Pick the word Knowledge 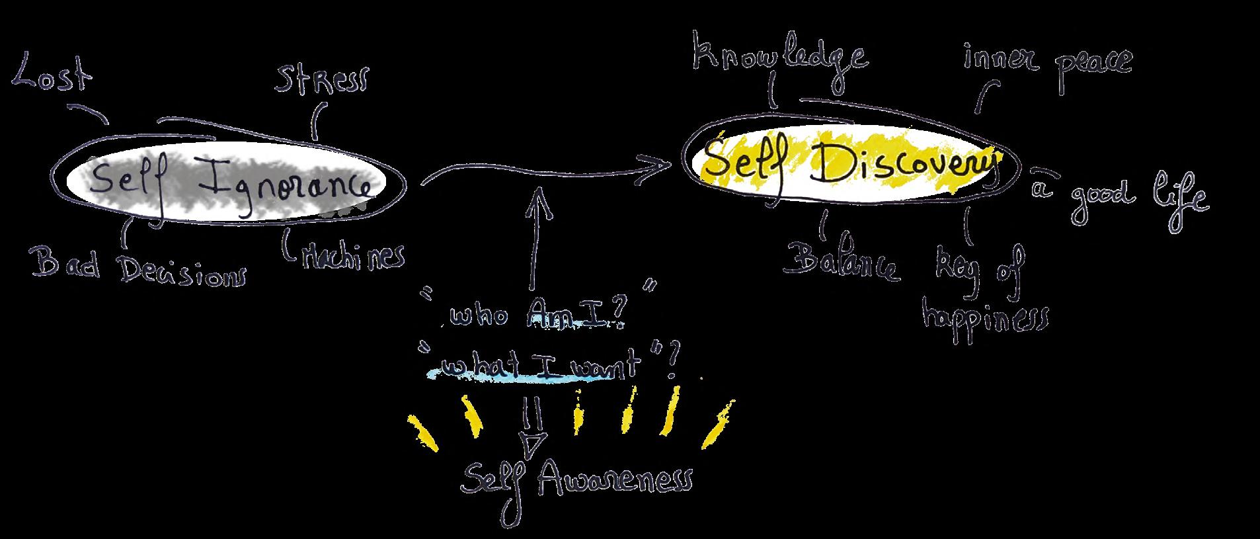(779, 57)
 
